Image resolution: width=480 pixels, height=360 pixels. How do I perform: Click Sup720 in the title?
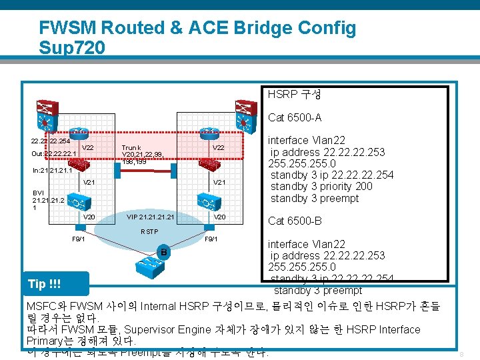coord(72,48)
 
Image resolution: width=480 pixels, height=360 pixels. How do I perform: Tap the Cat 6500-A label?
coord(294,118)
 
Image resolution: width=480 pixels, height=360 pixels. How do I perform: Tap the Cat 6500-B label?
coord(294,221)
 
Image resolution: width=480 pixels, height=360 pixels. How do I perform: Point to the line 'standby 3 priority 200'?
coord(321,186)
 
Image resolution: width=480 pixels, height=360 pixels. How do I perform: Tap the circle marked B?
coord(162,252)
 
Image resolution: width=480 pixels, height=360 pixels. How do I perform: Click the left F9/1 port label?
coord(78,239)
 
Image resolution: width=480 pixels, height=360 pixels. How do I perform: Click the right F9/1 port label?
coord(211,239)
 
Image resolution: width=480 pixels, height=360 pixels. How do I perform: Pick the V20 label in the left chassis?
coord(89,217)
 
